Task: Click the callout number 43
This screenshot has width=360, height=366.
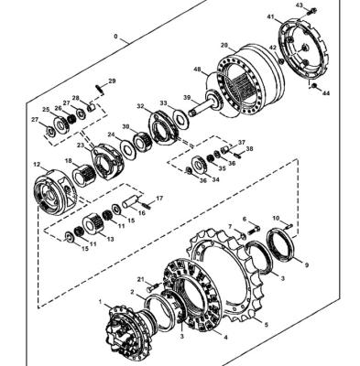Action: [x=299, y=5]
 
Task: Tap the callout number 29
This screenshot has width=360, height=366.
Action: [x=113, y=81]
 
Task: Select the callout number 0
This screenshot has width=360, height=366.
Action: [x=115, y=37]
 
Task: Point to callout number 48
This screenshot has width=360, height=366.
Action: [x=198, y=70]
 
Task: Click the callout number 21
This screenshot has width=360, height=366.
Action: [x=140, y=279]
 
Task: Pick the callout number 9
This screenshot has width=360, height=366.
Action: [x=306, y=265]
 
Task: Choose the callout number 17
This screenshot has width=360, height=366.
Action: [x=159, y=199]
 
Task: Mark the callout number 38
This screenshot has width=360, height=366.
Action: [x=249, y=149]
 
